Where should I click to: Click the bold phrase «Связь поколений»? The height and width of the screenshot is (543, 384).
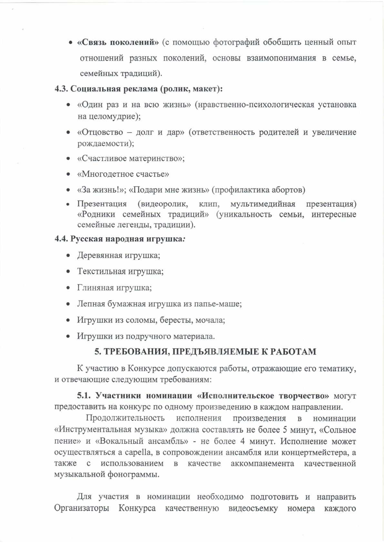(118, 42)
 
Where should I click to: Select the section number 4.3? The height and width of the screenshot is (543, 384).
(61, 89)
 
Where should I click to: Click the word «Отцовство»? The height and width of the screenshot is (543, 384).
(100, 132)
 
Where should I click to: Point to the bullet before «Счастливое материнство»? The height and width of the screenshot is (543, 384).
(68, 159)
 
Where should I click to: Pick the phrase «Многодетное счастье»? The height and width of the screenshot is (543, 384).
(123, 174)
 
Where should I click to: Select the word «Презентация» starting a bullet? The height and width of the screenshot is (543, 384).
(102, 204)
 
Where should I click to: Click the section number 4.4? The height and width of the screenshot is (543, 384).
(61, 239)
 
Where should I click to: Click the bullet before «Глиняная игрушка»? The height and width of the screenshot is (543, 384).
(68, 288)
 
